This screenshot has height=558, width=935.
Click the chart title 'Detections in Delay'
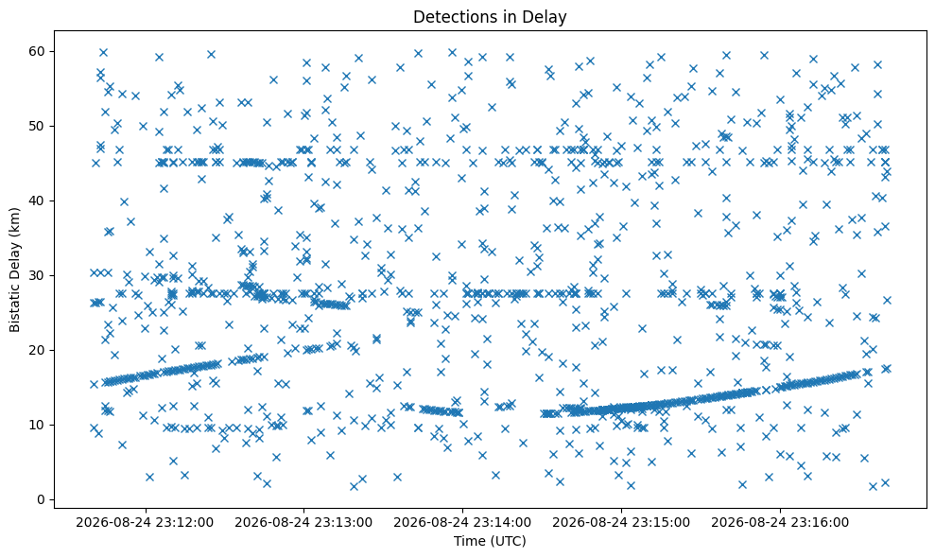pos(490,17)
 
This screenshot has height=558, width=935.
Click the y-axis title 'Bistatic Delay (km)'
pos(15,270)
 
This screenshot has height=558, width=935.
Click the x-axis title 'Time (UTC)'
pos(490,541)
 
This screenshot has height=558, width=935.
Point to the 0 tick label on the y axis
pos(42,499)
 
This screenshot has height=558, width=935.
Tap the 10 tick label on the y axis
pos(37,425)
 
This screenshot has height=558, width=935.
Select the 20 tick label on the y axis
pos(37,350)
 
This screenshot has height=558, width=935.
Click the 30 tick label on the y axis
pos(37,276)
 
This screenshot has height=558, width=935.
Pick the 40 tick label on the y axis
pos(37,201)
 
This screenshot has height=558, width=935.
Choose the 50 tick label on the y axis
pos(37,126)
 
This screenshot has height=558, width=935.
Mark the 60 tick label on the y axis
pos(37,51)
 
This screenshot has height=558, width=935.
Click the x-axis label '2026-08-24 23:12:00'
pos(145,523)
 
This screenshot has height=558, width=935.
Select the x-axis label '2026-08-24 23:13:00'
pos(303,523)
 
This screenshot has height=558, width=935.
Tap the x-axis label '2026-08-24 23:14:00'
pos(462,523)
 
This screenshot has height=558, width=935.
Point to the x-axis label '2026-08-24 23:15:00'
pos(621,523)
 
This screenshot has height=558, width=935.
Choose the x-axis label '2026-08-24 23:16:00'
pos(780,523)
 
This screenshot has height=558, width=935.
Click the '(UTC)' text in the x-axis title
pos(509,541)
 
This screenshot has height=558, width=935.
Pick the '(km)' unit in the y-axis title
pos(15,220)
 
